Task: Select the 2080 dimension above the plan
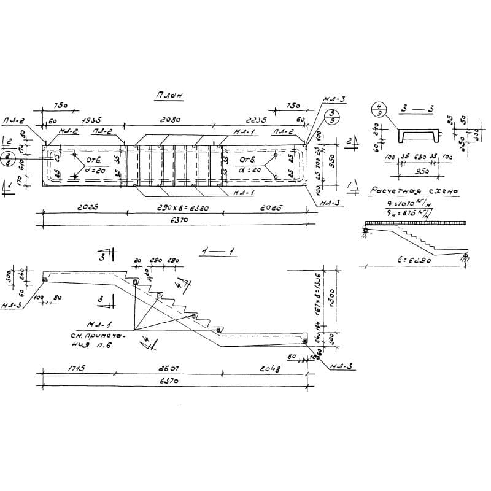click(x=170, y=121)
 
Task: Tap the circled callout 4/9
click(x=379, y=110)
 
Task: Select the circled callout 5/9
click(x=331, y=117)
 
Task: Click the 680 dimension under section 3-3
click(x=419, y=157)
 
